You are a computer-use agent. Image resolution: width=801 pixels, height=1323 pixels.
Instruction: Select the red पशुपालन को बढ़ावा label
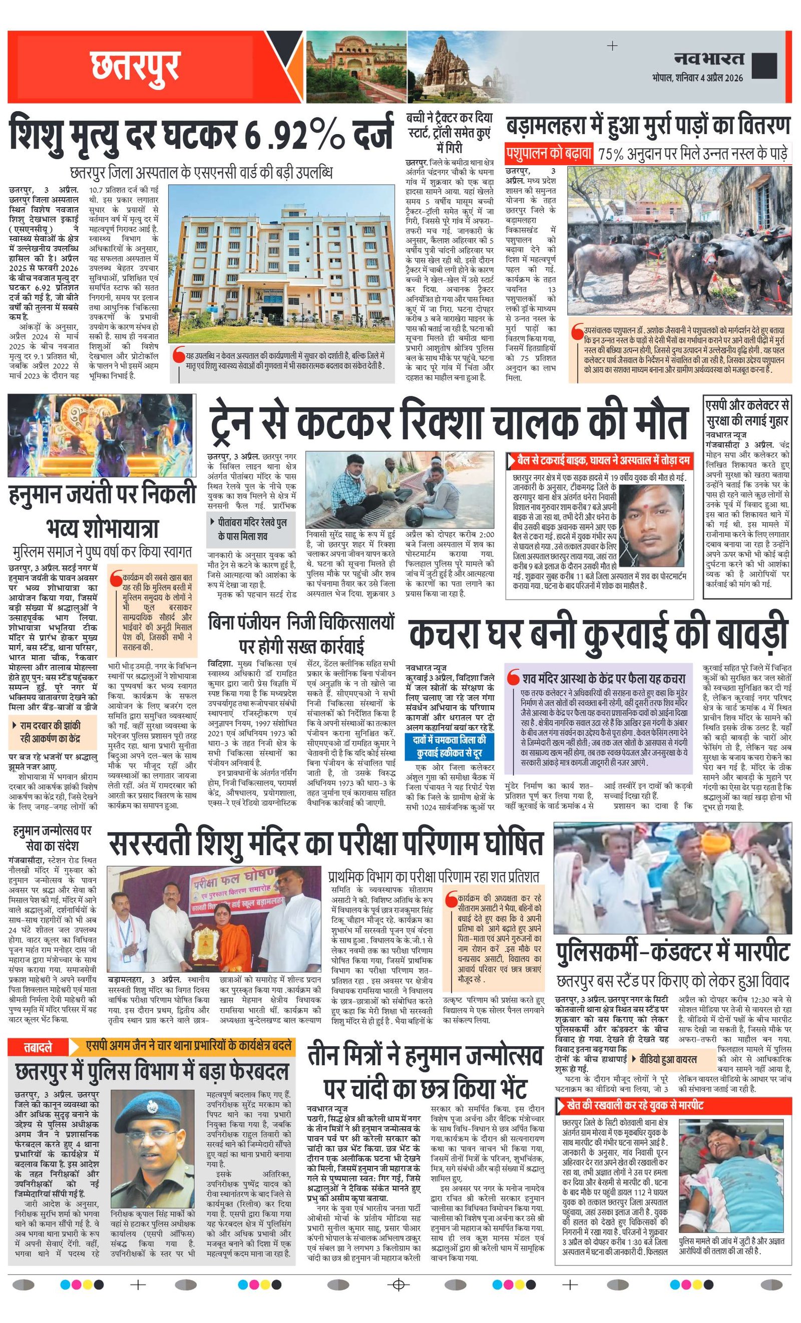[x=549, y=154]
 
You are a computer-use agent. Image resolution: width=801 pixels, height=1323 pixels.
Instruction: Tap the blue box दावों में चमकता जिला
[x=450, y=747]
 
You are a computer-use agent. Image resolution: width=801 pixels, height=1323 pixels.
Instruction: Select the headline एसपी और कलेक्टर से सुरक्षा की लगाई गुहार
[x=747, y=413]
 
